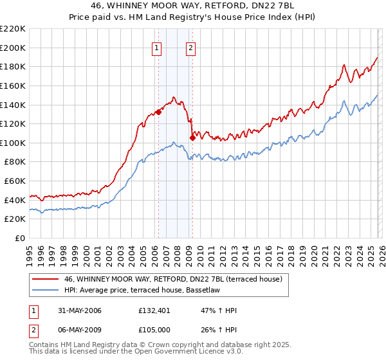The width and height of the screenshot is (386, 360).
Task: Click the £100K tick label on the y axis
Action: pos(13,143)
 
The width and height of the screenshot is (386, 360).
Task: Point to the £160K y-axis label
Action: pos(13,85)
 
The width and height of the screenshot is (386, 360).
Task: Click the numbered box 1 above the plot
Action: pos(158,47)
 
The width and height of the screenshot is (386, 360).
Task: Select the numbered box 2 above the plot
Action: pos(192,47)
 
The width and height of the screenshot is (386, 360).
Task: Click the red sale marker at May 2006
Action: pos(158,111)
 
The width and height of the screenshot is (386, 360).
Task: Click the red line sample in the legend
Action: pos(46,278)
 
